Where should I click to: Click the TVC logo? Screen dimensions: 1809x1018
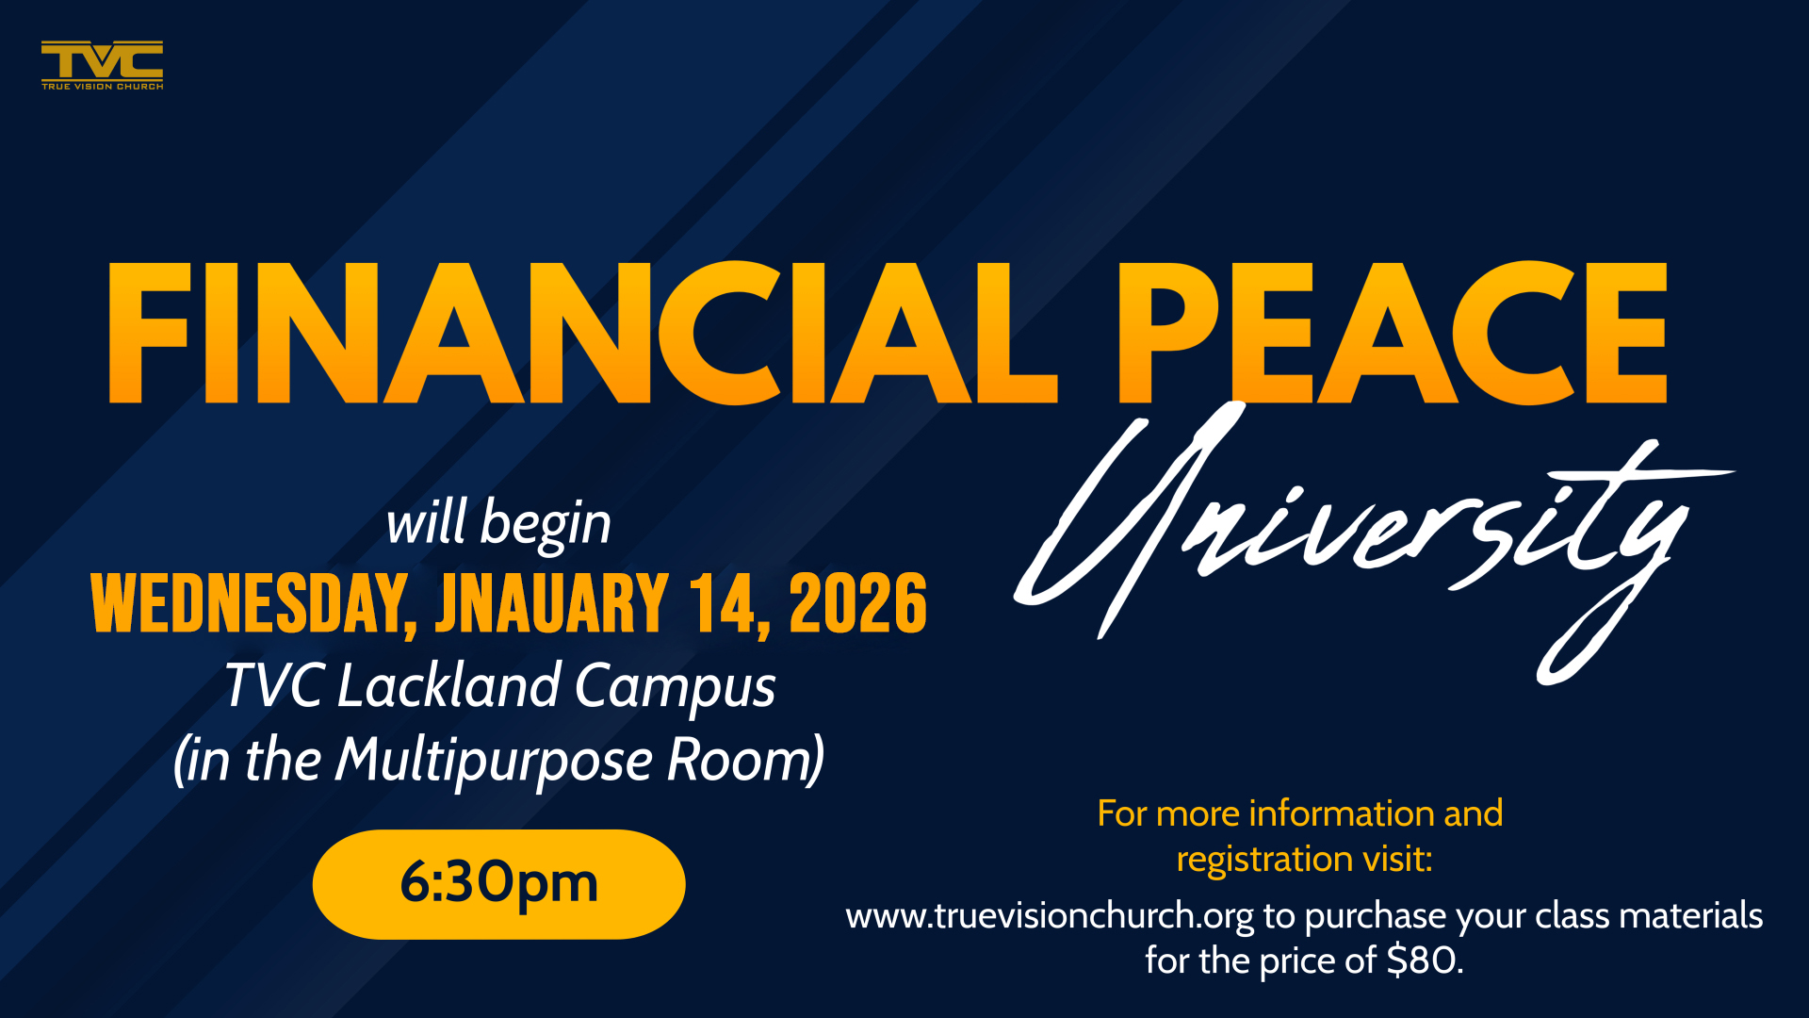102,65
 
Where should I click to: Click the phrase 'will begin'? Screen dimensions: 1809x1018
498,523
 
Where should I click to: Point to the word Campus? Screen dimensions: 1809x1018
675,687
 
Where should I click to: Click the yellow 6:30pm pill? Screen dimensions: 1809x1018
498,884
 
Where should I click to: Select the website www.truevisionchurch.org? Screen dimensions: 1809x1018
1050,916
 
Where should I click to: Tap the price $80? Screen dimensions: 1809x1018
1425,961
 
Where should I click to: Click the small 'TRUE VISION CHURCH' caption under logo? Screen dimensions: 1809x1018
102,86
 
